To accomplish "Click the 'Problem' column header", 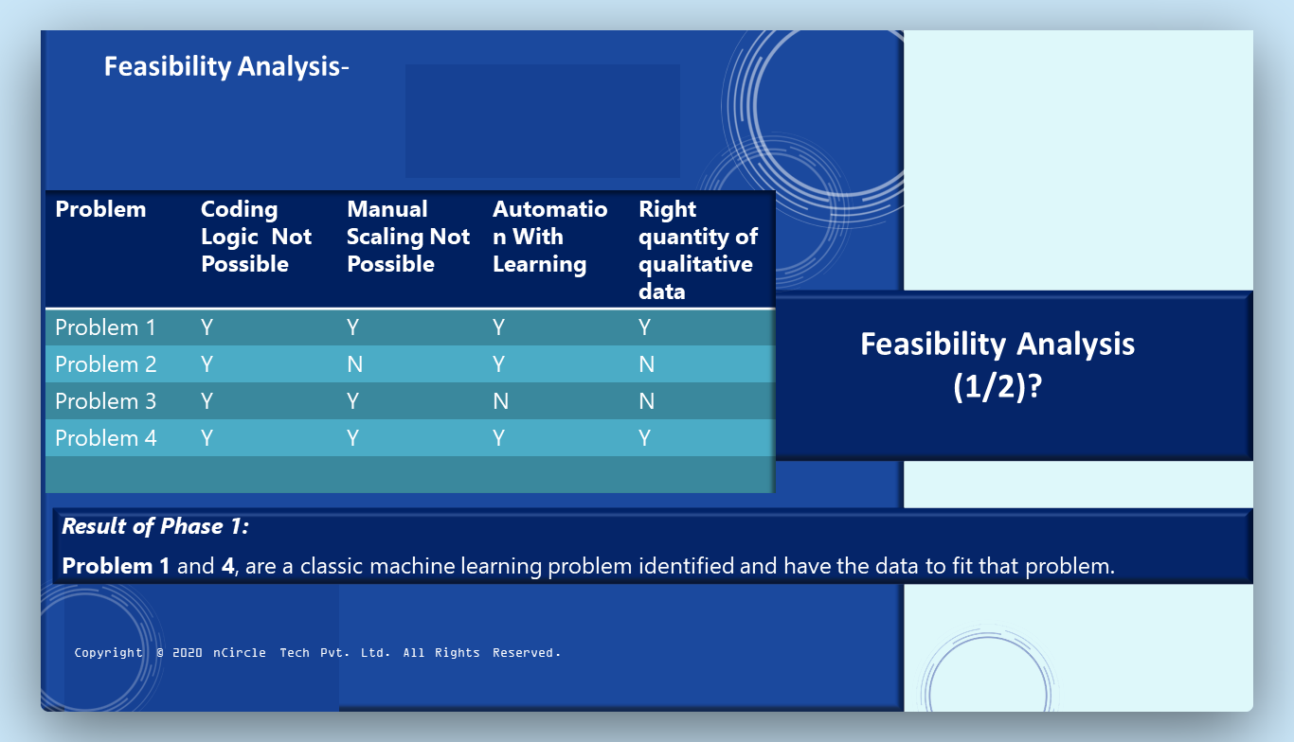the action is [100, 209].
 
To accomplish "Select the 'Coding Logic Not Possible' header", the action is [256, 237].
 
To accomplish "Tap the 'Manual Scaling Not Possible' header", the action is [408, 237].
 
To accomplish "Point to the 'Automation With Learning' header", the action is [550, 237].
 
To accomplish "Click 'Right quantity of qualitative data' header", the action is [698, 250].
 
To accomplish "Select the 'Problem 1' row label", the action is [106, 327].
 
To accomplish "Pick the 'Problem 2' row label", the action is [106, 364].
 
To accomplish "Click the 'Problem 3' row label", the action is [106, 401].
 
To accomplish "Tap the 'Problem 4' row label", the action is [106, 438].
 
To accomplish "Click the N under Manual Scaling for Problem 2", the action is [354, 364].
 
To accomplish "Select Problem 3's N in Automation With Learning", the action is [501, 401].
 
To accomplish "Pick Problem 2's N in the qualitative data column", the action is [646, 364].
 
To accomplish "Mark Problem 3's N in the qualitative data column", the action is [646, 401].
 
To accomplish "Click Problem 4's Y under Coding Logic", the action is [207, 438].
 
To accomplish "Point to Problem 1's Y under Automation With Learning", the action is [499, 327].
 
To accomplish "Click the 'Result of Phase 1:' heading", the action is [155, 526].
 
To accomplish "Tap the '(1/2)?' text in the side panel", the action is [997, 386].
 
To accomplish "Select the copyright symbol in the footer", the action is [160, 653].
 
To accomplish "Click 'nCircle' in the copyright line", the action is [239, 653].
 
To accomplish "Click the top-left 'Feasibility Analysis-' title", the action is [226, 66].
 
